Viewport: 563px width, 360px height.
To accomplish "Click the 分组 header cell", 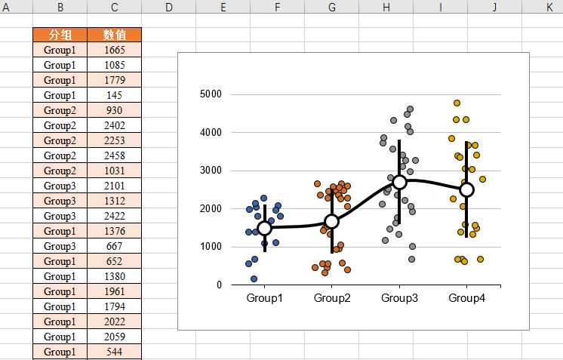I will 60,35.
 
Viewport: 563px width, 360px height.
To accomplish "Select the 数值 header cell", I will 114,35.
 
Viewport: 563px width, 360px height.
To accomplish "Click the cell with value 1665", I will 114,50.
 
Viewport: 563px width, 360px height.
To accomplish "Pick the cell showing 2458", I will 114,155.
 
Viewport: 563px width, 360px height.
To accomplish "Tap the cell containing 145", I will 114,95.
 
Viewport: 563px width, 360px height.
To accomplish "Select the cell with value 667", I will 114,246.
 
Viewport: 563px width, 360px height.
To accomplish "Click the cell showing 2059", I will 114,337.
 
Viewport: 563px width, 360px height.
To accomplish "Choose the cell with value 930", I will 114,110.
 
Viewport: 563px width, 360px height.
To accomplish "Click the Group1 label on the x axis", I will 264,298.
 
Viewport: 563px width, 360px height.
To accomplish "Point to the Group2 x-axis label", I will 332,298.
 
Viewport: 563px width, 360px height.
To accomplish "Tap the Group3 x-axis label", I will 399,298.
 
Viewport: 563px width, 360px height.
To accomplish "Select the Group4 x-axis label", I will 467,298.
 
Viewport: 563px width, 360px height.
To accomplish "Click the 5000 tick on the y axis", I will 211,94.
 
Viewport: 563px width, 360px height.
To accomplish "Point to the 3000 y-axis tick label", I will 211,171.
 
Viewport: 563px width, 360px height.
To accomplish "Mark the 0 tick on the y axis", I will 219,285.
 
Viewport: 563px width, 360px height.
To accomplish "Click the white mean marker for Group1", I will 264,228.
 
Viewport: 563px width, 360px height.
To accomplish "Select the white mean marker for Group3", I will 400,182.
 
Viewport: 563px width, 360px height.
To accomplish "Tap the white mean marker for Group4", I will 466,189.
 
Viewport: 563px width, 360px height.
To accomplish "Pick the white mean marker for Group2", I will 331,221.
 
